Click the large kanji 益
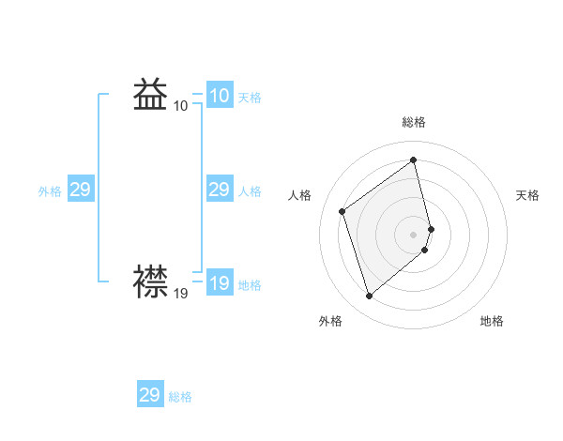point(151,95)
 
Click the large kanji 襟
point(151,281)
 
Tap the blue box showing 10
point(219,96)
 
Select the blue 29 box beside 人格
point(219,190)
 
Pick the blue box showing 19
point(219,282)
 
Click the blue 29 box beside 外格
point(80,190)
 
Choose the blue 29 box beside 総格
point(150,395)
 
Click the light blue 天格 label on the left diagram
point(250,98)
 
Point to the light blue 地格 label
point(250,285)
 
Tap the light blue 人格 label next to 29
point(250,191)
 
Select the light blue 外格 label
point(50,191)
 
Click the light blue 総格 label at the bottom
point(180,397)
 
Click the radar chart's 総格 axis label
point(414,122)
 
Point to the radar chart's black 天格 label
point(527,195)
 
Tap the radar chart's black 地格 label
point(492,322)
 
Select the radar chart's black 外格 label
point(330,322)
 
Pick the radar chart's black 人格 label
point(299,195)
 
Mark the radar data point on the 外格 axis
point(370,297)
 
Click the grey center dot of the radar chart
point(414,234)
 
